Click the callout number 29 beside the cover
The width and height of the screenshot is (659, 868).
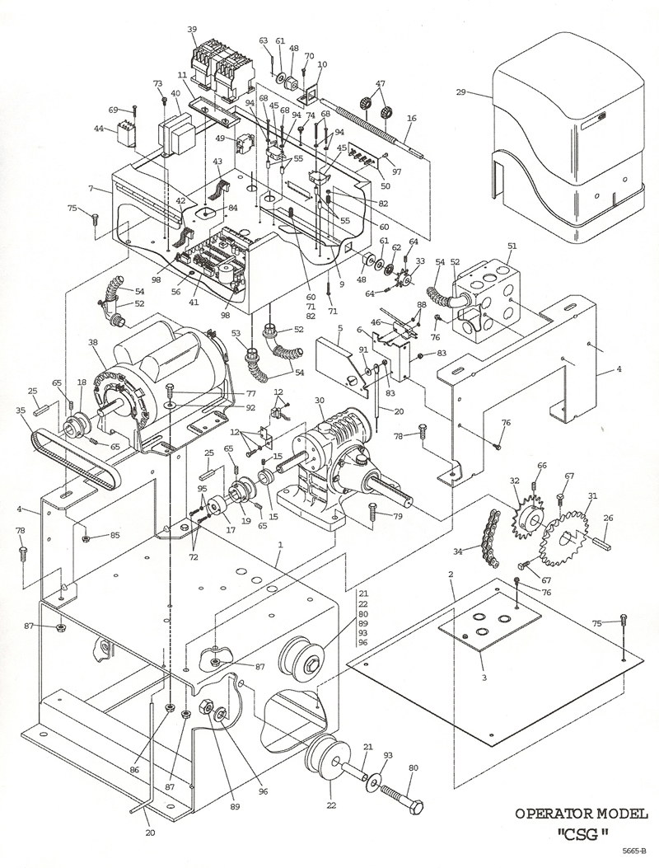[460, 91]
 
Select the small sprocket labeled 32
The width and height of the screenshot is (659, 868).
[529, 517]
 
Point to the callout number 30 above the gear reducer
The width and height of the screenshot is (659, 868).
[320, 401]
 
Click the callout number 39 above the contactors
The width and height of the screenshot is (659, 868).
[193, 30]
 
